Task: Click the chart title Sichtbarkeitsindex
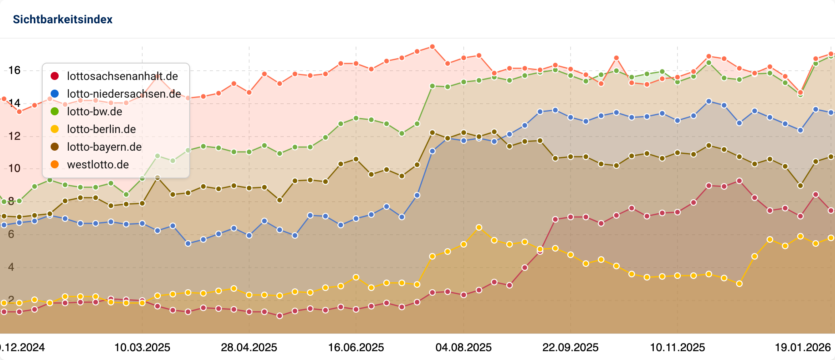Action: click(x=63, y=19)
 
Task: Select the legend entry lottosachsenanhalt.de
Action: click(x=122, y=76)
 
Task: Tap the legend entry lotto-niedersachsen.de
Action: click(x=124, y=94)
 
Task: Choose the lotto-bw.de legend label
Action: click(x=94, y=112)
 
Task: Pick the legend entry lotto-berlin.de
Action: click(x=101, y=129)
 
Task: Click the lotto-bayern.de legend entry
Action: click(x=104, y=147)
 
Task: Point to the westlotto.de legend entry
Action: click(x=98, y=165)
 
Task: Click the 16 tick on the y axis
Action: click(x=14, y=70)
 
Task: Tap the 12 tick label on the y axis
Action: click(x=14, y=136)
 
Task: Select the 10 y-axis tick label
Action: click(x=14, y=168)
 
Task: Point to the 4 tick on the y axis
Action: click(x=11, y=267)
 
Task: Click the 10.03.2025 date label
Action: click(x=142, y=348)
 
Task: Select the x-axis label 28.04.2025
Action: click(x=249, y=348)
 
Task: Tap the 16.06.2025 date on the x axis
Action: click(x=356, y=348)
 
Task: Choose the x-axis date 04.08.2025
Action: click(x=463, y=348)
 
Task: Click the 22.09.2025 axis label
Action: click(x=570, y=348)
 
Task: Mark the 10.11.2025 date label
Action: click(x=677, y=348)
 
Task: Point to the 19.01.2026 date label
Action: click(x=802, y=348)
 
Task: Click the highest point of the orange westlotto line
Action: click(x=432, y=47)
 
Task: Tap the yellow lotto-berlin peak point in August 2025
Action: click(x=479, y=227)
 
